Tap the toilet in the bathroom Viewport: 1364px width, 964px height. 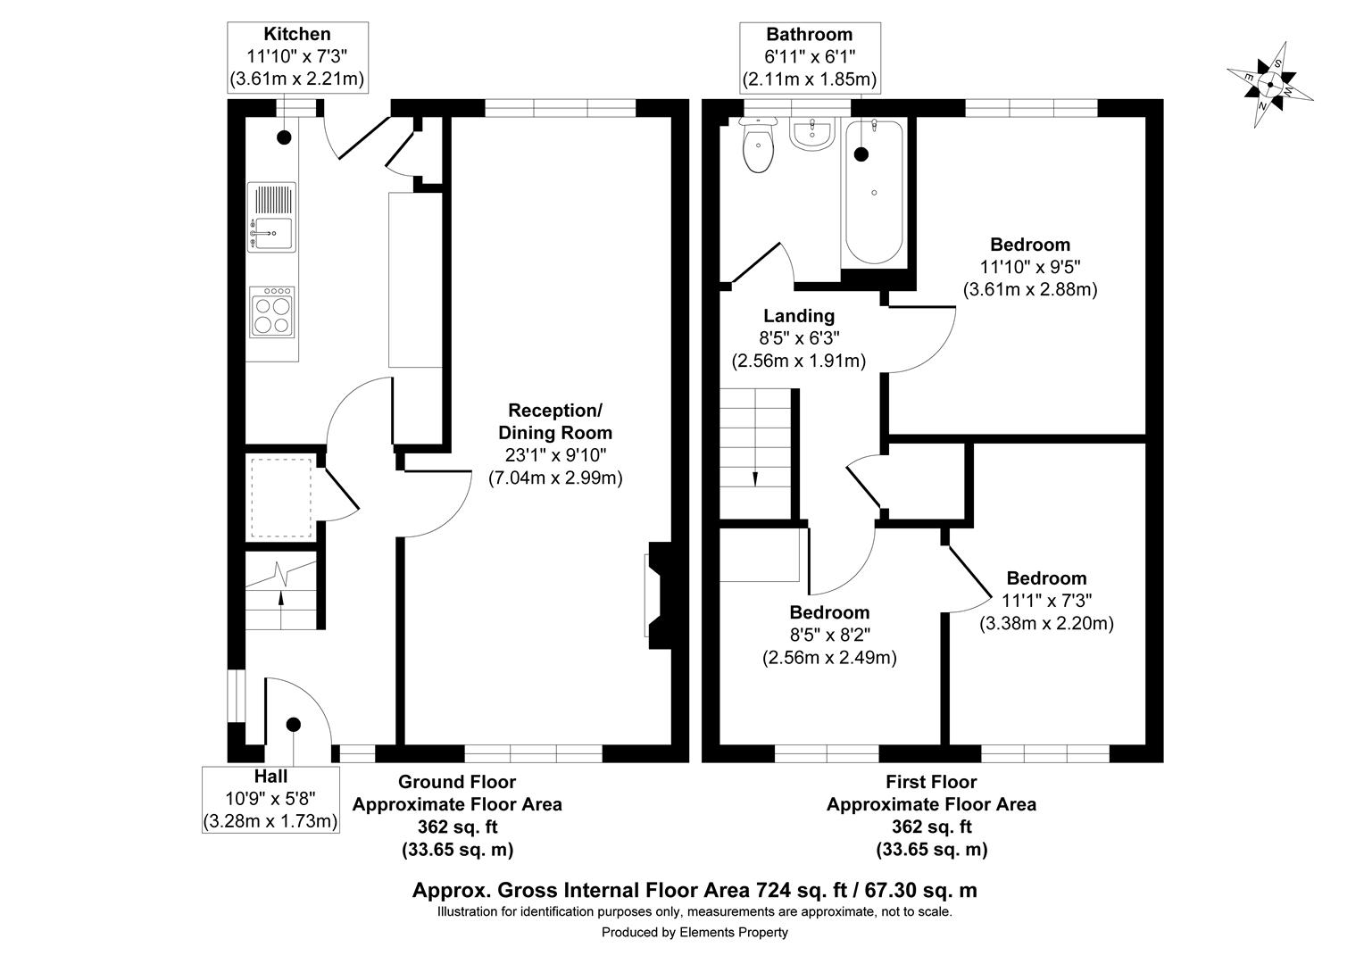[759, 147]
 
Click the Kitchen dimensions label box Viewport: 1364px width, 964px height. [297, 57]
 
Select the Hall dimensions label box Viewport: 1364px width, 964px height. [270, 799]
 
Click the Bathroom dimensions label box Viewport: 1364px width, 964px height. [810, 57]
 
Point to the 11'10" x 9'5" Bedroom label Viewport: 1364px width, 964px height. [1030, 267]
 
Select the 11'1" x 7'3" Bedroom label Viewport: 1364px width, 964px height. [1046, 600]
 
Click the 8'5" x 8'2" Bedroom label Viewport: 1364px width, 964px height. [829, 635]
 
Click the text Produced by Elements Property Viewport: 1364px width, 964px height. [694, 933]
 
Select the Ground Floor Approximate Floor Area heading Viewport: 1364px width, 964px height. [457, 793]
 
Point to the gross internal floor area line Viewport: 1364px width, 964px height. [694, 890]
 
